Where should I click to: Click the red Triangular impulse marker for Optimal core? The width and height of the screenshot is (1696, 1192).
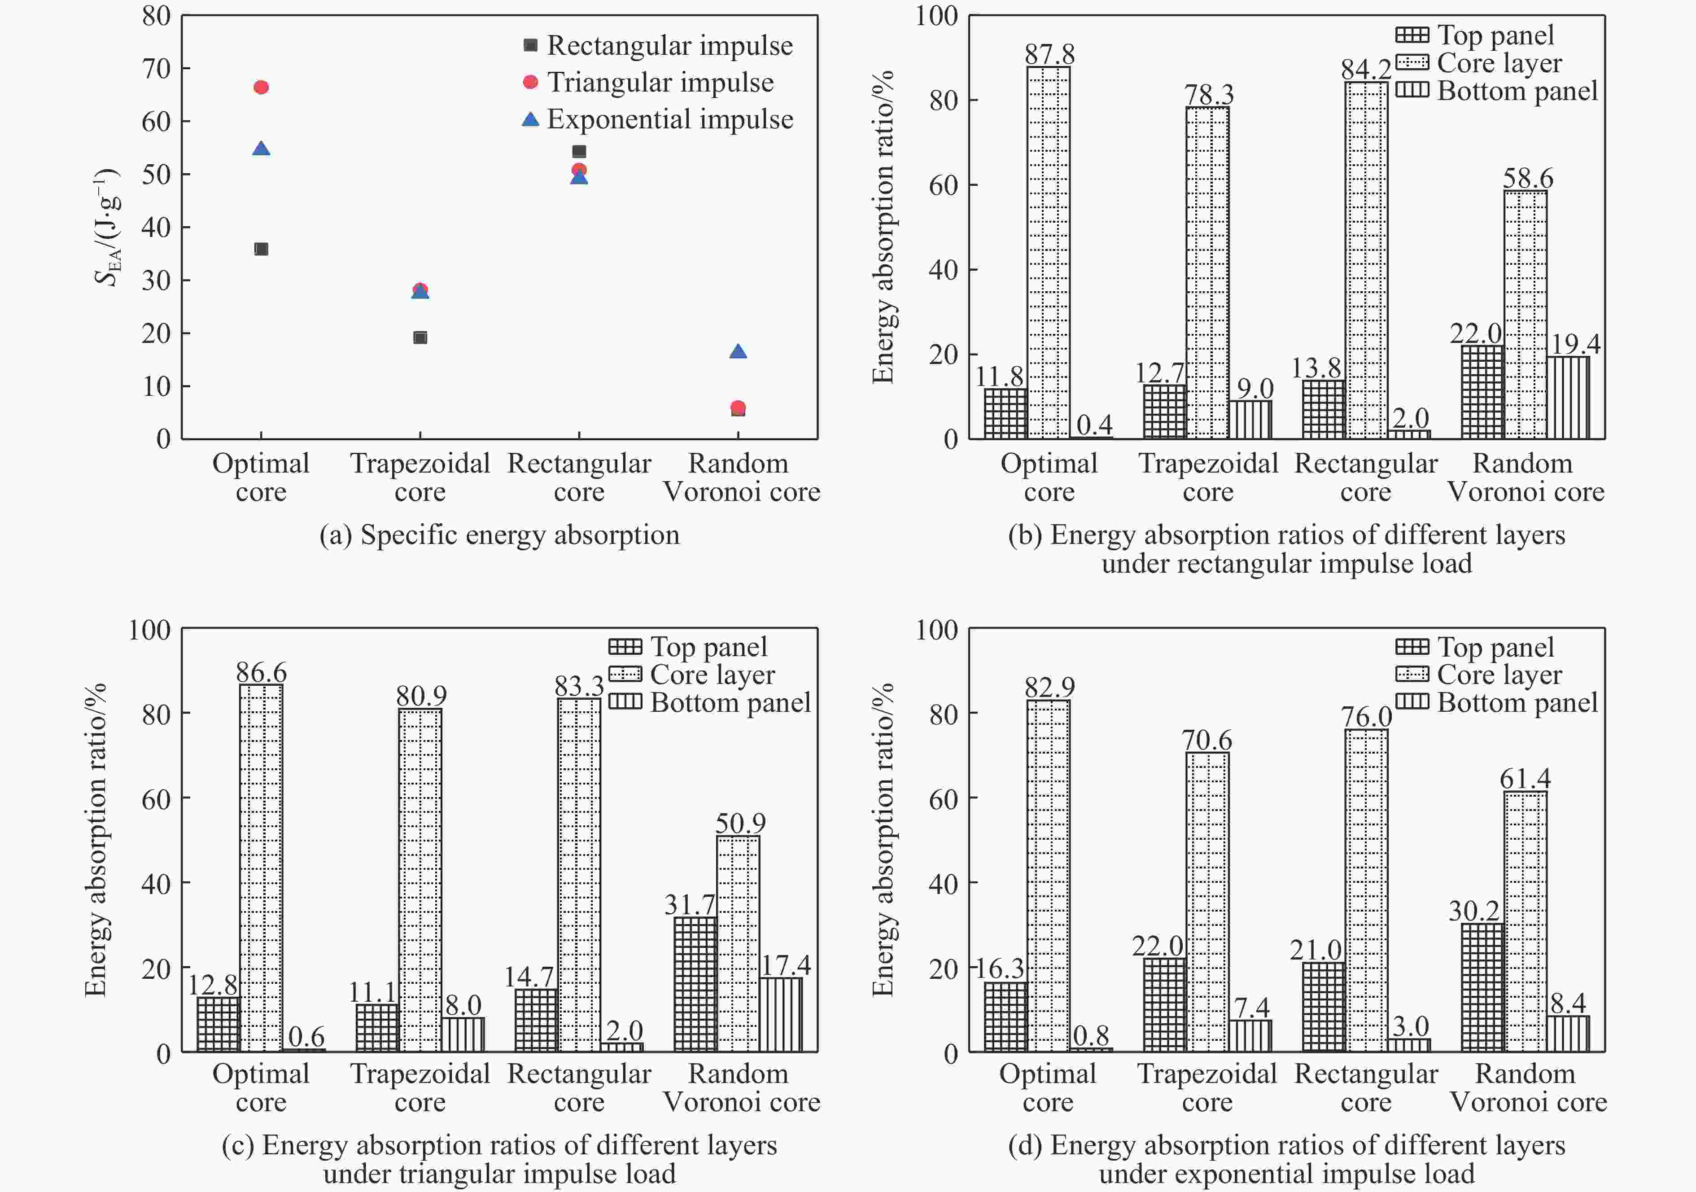pyautogui.click(x=261, y=87)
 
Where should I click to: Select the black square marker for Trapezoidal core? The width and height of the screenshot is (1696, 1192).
pyautogui.click(x=420, y=338)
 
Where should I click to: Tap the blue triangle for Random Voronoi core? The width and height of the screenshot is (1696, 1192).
pyautogui.click(x=738, y=352)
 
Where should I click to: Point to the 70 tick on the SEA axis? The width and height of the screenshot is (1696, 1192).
pyautogui.click(x=157, y=69)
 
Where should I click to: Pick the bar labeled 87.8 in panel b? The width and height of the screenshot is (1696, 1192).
pyautogui.click(x=1048, y=251)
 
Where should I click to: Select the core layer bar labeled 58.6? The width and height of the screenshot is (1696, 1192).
pyautogui.click(x=1526, y=314)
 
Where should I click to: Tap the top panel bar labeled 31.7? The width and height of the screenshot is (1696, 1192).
pyautogui.click(x=695, y=984)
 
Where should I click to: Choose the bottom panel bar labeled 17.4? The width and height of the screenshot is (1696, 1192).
pyautogui.click(x=781, y=1015)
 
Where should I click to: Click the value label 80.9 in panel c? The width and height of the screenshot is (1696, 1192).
pyautogui.click(x=421, y=695)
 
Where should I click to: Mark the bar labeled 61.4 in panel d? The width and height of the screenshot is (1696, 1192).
pyautogui.click(x=1526, y=921)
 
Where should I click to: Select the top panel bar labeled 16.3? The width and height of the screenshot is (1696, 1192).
pyautogui.click(x=1005, y=1017)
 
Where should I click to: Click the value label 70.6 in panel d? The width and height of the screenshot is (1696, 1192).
pyautogui.click(x=1207, y=740)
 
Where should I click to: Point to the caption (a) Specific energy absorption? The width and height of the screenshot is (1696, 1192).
pyautogui.click(x=499, y=535)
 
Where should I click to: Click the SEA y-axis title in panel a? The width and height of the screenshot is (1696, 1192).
pyautogui.click(x=107, y=227)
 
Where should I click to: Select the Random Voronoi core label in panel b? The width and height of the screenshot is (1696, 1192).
pyautogui.click(x=1525, y=478)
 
